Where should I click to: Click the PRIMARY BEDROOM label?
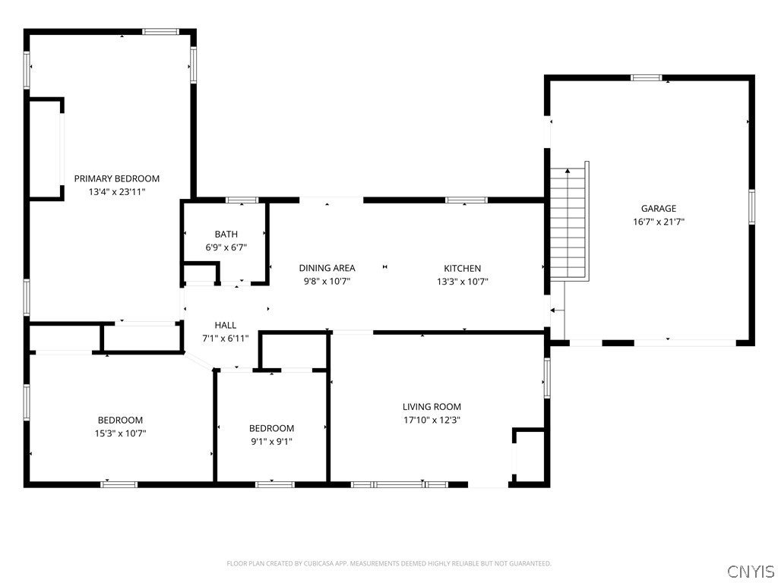click(116, 178)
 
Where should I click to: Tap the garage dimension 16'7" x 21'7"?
click(659, 222)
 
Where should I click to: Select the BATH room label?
click(226, 234)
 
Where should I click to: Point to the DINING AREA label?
click(327, 268)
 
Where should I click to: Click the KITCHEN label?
click(463, 268)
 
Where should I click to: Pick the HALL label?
click(225, 325)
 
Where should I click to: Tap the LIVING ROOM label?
click(432, 407)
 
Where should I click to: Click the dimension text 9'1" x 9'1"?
click(271, 442)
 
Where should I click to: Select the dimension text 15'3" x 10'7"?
click(120, 433)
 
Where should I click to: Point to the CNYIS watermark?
click(751, 571)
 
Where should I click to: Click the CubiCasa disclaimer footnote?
click(389, 564)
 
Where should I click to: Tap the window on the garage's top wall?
click(646, 77)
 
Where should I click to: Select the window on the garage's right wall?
click(751, 207)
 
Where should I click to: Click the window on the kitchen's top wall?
click(466, 200)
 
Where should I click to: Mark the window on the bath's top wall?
click(242, 200)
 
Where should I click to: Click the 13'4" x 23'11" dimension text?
click(116, 192)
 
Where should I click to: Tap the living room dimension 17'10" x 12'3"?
click(432, 421)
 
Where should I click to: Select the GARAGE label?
click(659, 209)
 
